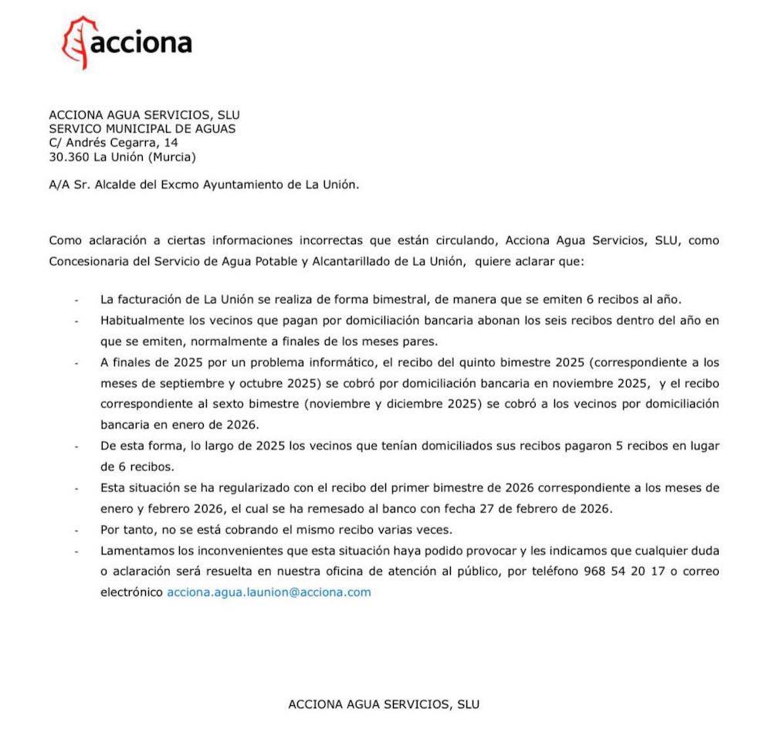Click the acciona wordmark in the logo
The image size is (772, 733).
point(141,42)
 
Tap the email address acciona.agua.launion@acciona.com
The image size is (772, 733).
point(269,592)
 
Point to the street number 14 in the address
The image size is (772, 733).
point(171,143)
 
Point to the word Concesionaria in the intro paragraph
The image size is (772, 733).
point(86,261)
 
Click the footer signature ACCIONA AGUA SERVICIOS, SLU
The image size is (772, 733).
point(384,704)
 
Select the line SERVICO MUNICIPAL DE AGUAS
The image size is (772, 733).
point(142,129)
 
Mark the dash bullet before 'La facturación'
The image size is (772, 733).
point(76,300)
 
